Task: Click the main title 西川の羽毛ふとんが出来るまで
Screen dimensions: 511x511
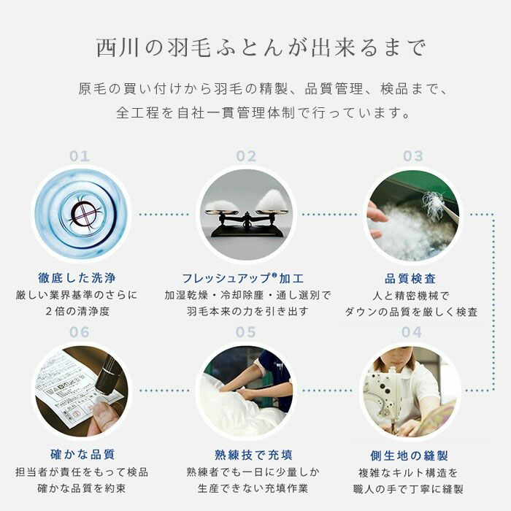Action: tap(261, 48)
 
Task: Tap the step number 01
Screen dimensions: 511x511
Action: tap(80, 156)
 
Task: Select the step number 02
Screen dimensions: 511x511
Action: tap(247, 156)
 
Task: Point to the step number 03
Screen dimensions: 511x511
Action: tap(413, 156)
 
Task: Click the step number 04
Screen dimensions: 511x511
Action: tap(412, 332)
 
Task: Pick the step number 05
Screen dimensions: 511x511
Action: tap(246, 332)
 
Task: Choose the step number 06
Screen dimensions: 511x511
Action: tap(79, 332)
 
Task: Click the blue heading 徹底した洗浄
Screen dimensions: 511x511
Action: tap(77, 278)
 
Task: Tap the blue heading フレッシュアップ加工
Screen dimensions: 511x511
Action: tap(243, 278)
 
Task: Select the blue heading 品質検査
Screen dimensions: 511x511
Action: tap(410, 279)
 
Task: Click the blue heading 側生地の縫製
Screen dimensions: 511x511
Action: tap(409, 456)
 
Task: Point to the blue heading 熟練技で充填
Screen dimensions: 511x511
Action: tap(253, 455)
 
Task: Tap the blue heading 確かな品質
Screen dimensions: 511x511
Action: tap(82, 454)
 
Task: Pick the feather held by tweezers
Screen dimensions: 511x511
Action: tap(433, 202)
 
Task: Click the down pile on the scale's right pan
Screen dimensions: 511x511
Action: tap(271, 200)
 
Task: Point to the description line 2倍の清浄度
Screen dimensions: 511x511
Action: tap(77, 311)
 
